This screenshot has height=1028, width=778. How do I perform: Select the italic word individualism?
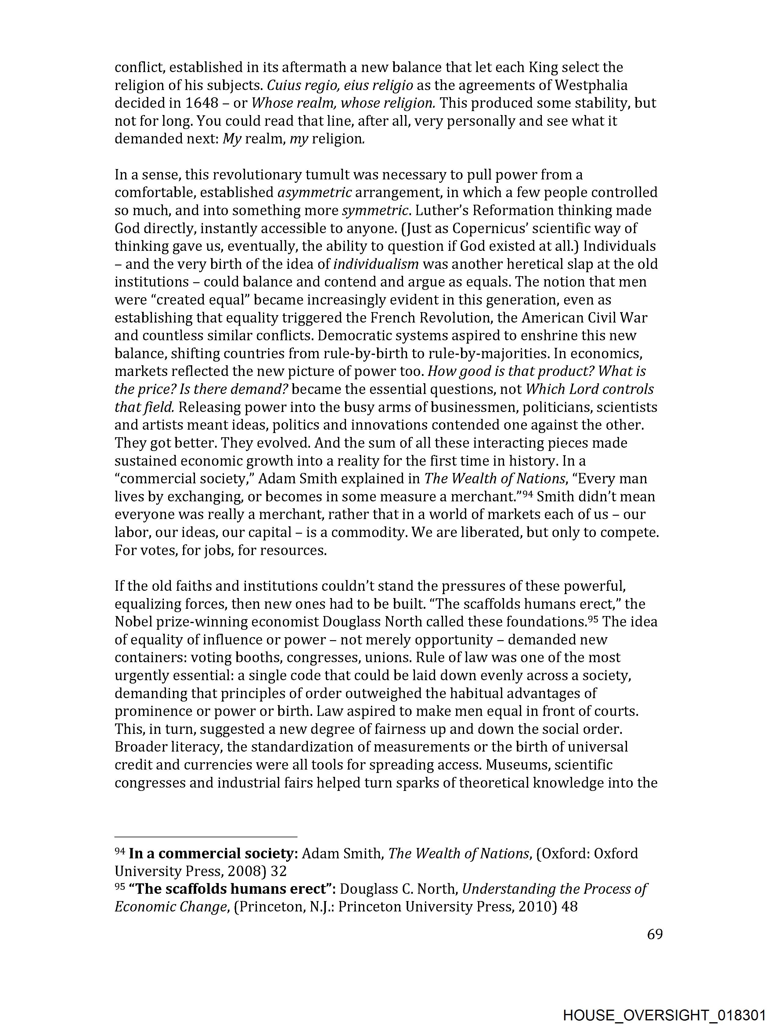(376, 264)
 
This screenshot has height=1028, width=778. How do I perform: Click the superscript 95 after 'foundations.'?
(593, 619)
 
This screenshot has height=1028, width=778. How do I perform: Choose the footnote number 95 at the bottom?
(120, 887)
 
